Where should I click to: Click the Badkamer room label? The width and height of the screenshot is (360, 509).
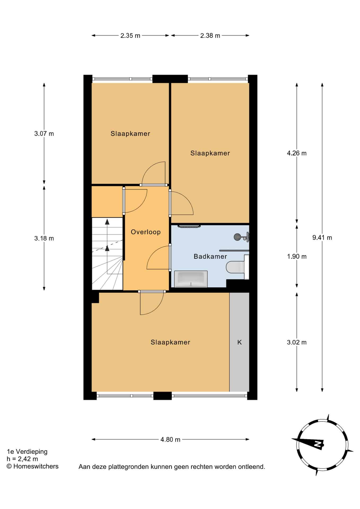[x=210, y=256]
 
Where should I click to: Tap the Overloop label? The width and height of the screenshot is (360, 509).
[x=146, y=232]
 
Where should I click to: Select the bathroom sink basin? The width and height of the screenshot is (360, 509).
[x=191, y=279]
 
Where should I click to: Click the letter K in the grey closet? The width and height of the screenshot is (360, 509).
[x=239, y=342]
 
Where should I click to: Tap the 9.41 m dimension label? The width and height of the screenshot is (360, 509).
[x=322, y=238]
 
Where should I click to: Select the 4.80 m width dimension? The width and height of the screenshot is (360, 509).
[x=170, y=440]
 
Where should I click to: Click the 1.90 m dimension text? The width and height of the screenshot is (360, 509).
[x=297, y=256]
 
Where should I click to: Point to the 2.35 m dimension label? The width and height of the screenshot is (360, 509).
[x=130, y=36]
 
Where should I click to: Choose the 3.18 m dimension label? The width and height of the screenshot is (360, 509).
[x=44, y=238]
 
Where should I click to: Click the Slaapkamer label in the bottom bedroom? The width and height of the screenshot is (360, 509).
[x=170, y=342]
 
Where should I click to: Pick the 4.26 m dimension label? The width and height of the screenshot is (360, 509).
[x=297, y=153]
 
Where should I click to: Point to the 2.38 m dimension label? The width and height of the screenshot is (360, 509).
[x=210, y=36]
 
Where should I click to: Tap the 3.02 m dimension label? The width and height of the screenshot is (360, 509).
[x=297, y=342]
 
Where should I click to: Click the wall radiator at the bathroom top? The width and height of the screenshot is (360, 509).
[x=189, y=226]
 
